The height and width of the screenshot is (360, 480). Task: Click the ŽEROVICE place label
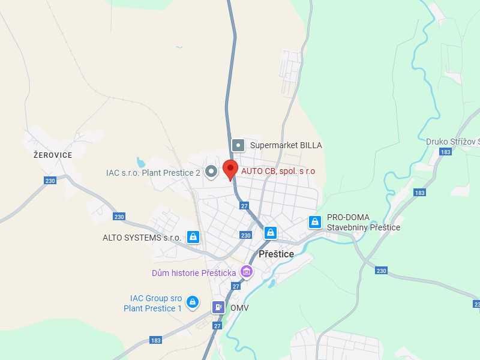pyautogui.click(x=53, y=155)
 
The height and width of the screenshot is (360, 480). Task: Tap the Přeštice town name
pyautogui.click(x=276, y=254)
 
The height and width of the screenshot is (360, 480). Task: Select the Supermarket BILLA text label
pyautogui.click(x=286, y=145)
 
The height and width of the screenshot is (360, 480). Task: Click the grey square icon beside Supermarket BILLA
pyautogui.click(x=238, y=145)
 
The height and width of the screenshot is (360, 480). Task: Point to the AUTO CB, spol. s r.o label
pyautogui.click(x=278, y=171)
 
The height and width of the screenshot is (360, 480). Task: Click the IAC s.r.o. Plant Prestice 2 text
pyautogui.click(x=153, y=173)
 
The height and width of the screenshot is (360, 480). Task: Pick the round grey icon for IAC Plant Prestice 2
pyautogui.click(x=211, y=173)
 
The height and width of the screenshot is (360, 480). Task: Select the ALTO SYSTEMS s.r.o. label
pyautogui.click(x=142, y=238)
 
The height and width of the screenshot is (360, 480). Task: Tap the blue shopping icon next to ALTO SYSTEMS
pyautogui.click(x=193, y=237)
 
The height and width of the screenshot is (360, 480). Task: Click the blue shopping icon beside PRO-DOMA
pyautogui.click(x=314, y=222)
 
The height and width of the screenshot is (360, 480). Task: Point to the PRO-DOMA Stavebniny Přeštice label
pyautogui.click(x=363, y=222)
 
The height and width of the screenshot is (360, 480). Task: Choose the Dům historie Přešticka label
pyautogui.click(x=193, y=273)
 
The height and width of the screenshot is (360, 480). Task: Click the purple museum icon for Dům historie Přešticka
pyautogui.click(x=245, y=272)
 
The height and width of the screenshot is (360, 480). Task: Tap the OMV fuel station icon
pyautogui.click(x=218, y=307)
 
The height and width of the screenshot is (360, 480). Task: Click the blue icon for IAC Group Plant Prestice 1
pyautogui.click(x=193, y=302)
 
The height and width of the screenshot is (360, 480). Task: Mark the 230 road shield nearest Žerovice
pyautogui.click(x=50, y=181)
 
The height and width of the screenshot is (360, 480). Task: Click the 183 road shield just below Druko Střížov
pyautogui.click(x=445, y=152)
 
